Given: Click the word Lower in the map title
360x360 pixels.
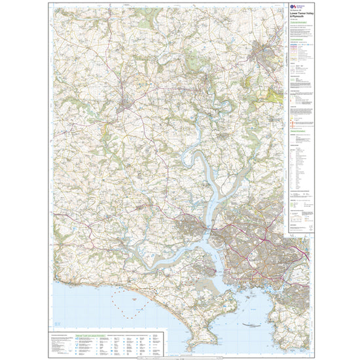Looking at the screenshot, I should (x=293, y=18).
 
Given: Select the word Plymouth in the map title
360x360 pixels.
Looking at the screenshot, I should (x=297, y=22).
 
